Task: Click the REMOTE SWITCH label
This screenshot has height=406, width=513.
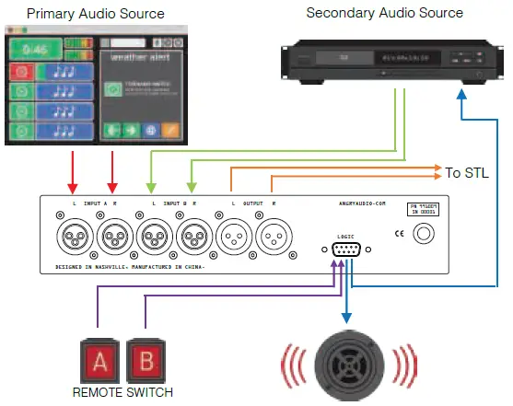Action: coord(119,391)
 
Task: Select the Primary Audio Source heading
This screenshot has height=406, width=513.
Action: coord(95,13)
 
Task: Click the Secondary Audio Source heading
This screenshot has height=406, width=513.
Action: coord(384,13)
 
